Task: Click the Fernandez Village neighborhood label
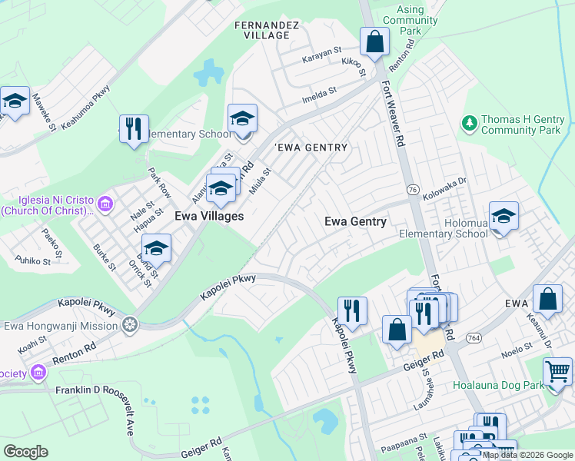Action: click(x=266, y=30)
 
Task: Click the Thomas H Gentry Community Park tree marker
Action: click(x=468, y=123)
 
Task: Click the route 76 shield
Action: click(x=413, y=189)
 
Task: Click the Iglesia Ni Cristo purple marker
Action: click(x=105, y=204)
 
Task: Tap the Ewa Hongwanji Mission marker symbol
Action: click(x=131, y=325)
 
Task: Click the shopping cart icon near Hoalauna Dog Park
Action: click(x=557, y=372)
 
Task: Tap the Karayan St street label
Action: click(x=321, y=51)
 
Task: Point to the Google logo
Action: click(x=25, y=452)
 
